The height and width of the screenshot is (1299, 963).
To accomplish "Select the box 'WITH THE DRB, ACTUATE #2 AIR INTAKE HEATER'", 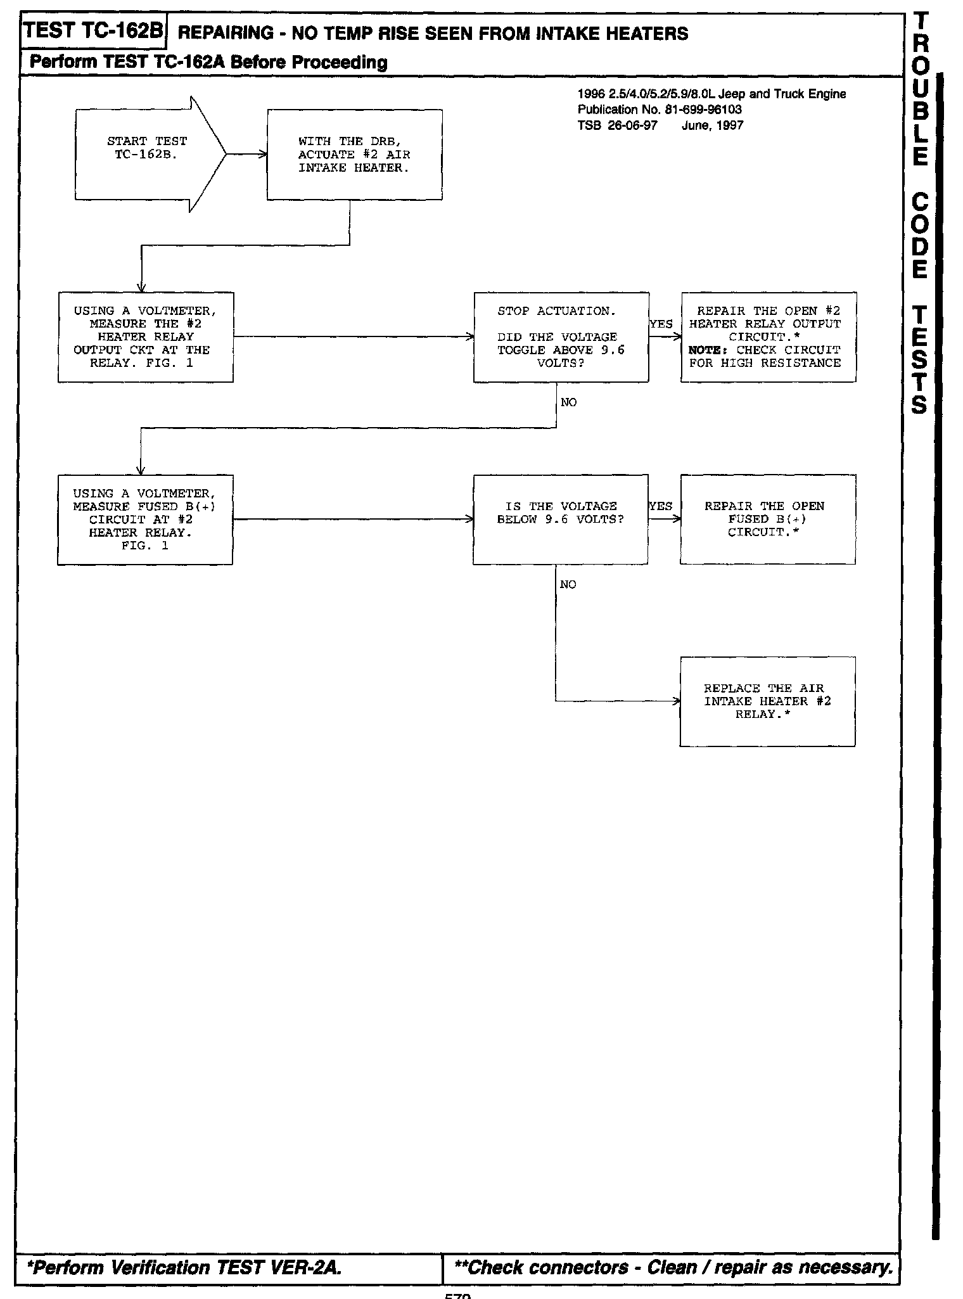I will click(x=354, y=155).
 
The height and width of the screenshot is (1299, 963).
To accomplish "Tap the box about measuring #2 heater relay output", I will click(x=145, y=337).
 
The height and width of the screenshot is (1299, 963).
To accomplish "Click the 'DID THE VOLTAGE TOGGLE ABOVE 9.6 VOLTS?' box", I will click(x=561, y=337).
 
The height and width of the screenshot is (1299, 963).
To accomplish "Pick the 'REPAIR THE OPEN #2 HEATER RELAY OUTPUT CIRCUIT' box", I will click(x=768, y=337).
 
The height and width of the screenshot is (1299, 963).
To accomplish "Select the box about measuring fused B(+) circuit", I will click(x=144, y=520).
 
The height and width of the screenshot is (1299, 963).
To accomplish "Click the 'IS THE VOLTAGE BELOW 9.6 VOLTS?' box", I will click(x=560, y=520).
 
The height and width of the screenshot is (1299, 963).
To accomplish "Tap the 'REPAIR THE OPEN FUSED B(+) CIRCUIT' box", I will click(x=767, y=520).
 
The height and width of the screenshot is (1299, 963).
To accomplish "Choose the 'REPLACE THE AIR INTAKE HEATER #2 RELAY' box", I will click(x=767, y=701).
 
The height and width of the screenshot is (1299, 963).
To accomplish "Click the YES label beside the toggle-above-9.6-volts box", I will click(x=661, y=324).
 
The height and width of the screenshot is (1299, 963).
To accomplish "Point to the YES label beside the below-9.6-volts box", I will click(x=661, y=506).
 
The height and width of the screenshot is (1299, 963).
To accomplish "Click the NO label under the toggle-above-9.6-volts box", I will click(x=569, y=402).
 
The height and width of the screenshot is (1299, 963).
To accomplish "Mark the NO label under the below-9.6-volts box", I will click(x=568, y=584).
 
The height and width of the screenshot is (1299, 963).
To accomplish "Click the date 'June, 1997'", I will click(x=712, y=125).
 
